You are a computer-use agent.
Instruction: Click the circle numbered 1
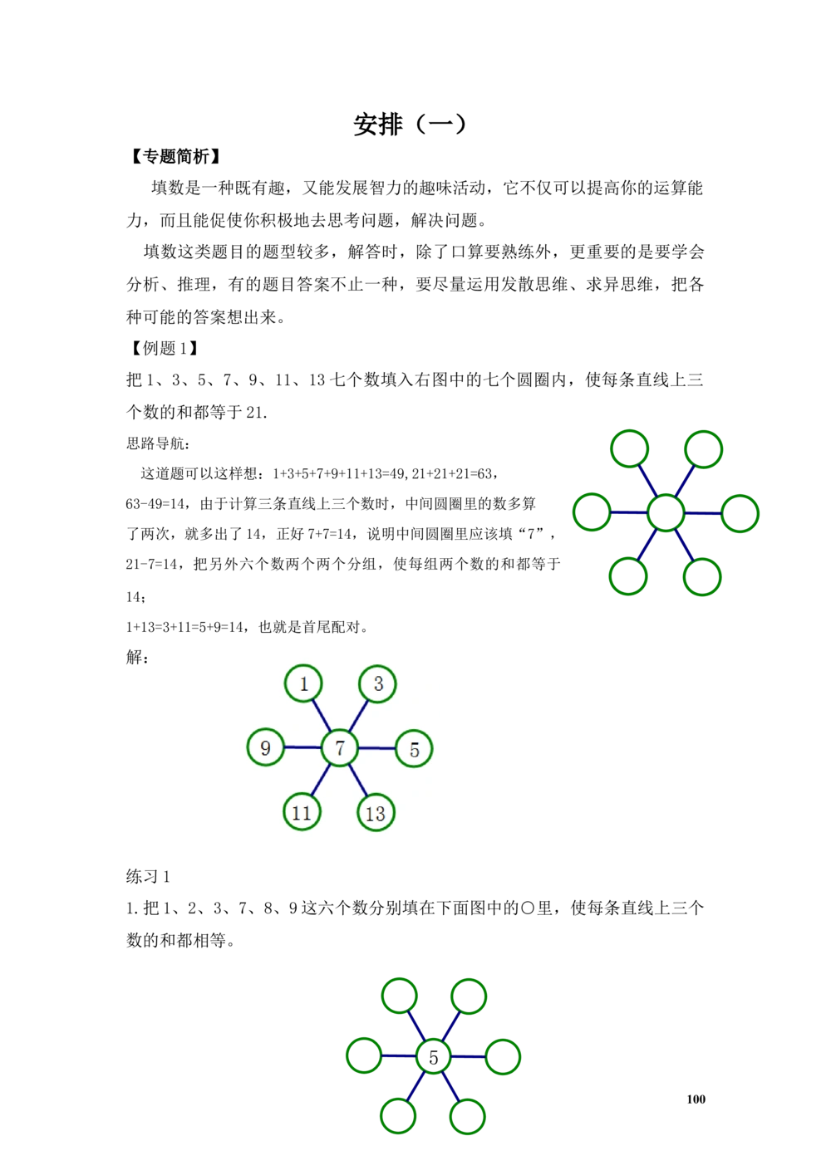pos(303,683)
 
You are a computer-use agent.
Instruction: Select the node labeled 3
pos(378,683)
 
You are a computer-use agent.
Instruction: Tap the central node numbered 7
pos(339,748)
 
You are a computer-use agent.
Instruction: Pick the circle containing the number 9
pos(265,747)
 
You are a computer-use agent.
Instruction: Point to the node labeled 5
pos(414,749)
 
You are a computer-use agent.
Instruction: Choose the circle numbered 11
pos(302,812)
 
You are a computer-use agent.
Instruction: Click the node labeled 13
pos(376,813)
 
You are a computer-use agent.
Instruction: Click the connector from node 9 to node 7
pos(302,747)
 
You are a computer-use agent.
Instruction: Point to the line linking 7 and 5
pos(376,749)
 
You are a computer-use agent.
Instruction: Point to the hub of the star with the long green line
pos(433,1057)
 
